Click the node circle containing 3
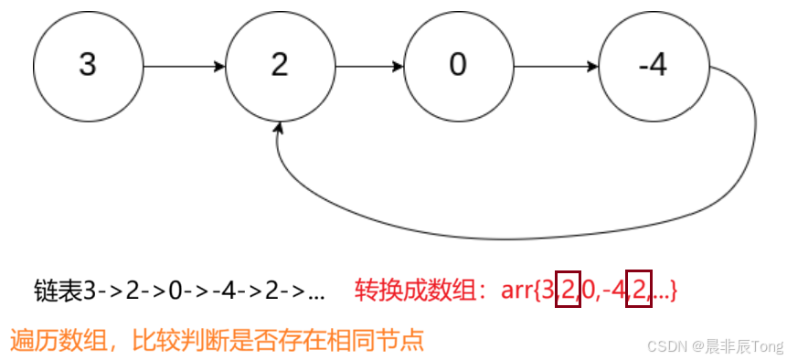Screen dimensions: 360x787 [x=88, y=67]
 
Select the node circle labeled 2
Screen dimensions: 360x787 [x=280, y=67]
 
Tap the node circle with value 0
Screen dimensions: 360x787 [x=459, y=67]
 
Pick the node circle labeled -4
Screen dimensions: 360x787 [x=654, y=67]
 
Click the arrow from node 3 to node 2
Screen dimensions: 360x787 [x=184, y=67]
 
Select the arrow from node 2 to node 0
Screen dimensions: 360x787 [x=369, y=67]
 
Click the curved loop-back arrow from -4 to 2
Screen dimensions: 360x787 [x=548, y=238]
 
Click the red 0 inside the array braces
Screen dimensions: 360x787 [x=588, y=291]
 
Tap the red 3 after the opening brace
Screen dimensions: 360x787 [x=547, y=291]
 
